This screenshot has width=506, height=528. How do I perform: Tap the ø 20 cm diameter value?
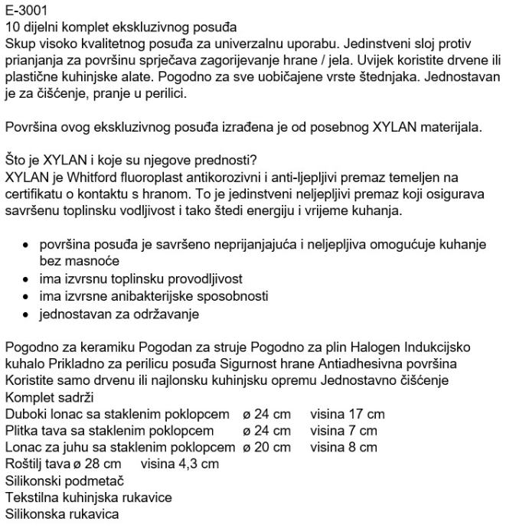266,447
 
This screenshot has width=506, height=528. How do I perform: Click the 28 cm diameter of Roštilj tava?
105,464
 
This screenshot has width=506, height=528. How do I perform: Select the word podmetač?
96,481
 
